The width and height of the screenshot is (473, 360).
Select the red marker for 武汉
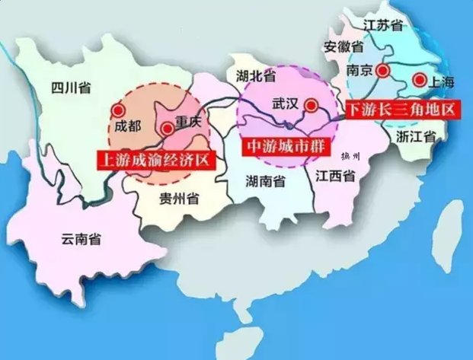click(311, 106)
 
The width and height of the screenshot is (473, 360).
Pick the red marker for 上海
click(418, 79)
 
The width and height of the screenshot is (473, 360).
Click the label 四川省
click(66, 88)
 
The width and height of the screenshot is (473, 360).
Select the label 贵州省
click(179, 199)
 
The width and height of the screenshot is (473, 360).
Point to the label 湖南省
click(266, 181)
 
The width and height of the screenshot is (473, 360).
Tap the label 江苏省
click(382, 24)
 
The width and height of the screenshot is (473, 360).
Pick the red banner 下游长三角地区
click(403, 110)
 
